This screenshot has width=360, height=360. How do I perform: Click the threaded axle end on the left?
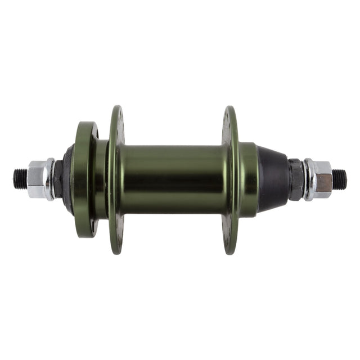pos(20,179)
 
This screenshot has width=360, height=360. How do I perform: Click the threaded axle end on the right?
pos(339,179)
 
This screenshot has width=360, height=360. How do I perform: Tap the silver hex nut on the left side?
pos(36,179)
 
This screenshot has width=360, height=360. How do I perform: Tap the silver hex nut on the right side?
pos(322,179)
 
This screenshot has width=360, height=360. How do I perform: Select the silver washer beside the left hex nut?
pos(50,179)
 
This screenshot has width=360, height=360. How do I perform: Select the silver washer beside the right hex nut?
pos(309,179)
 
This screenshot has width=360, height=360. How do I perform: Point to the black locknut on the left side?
pos(58,179)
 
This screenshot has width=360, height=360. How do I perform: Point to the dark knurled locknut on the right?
pos(296,179)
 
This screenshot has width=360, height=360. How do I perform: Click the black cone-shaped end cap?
pos(273,179)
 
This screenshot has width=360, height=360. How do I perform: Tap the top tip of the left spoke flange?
pos(117,108)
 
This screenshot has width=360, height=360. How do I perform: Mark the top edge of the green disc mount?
pos(85,123)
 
